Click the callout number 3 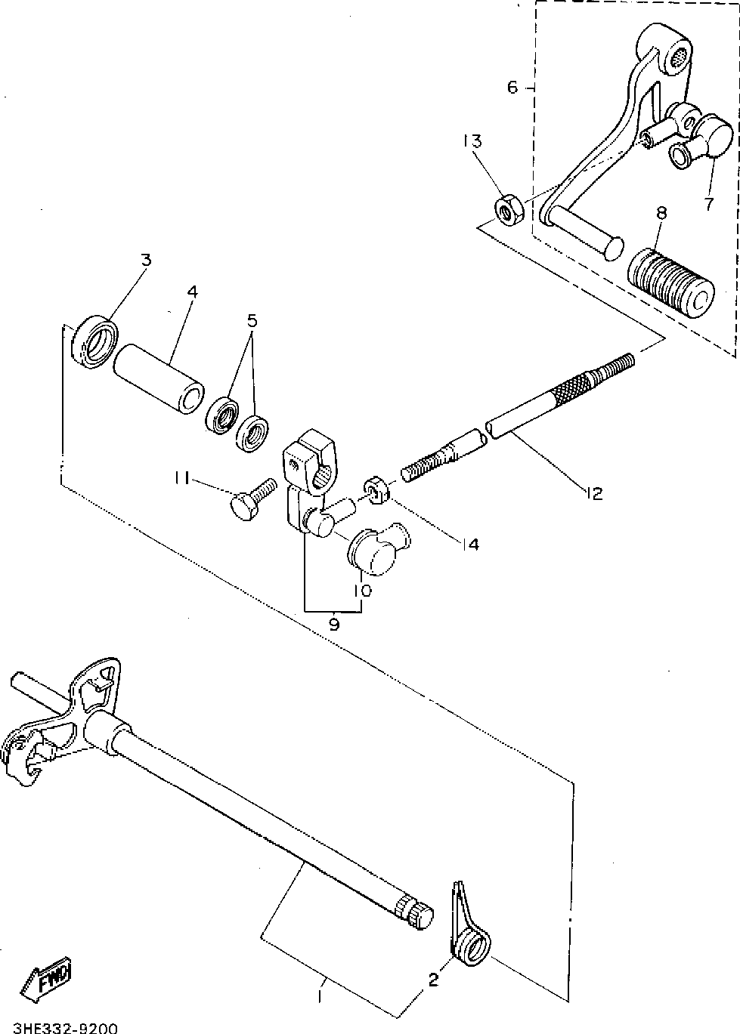[146, 260]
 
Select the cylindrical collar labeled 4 [158, 379]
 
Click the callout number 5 [252, 320]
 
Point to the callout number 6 [512, 88]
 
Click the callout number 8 [661, 213]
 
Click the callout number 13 [472, 141]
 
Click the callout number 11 [181, 478]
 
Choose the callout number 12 [593, 493]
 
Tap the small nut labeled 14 [376, 489]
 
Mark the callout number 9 [333, 625]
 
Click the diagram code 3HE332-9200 [60, 1027]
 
